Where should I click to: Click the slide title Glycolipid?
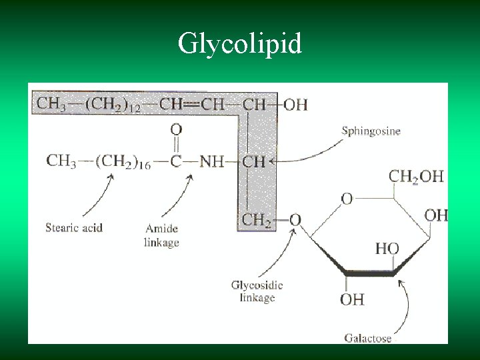[240, 44]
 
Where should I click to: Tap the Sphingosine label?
[371, 131]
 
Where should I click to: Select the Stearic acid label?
[74, 228]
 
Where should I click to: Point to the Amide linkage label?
[161, 235]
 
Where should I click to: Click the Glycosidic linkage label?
[257, 291]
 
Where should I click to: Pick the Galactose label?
[368, 338]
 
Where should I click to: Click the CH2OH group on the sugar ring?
[416, 176]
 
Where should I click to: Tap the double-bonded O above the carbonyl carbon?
[176, 129]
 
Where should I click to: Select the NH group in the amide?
[211, 161]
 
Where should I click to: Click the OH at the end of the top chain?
[296, 105]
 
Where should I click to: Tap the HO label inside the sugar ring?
[387, 249]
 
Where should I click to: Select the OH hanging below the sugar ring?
[352, 299]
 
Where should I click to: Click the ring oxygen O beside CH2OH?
[347, 199]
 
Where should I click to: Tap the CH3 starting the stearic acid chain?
[61, 161]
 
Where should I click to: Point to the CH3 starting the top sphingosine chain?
[51, 105]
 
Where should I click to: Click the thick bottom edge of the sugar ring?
[371, 273]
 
